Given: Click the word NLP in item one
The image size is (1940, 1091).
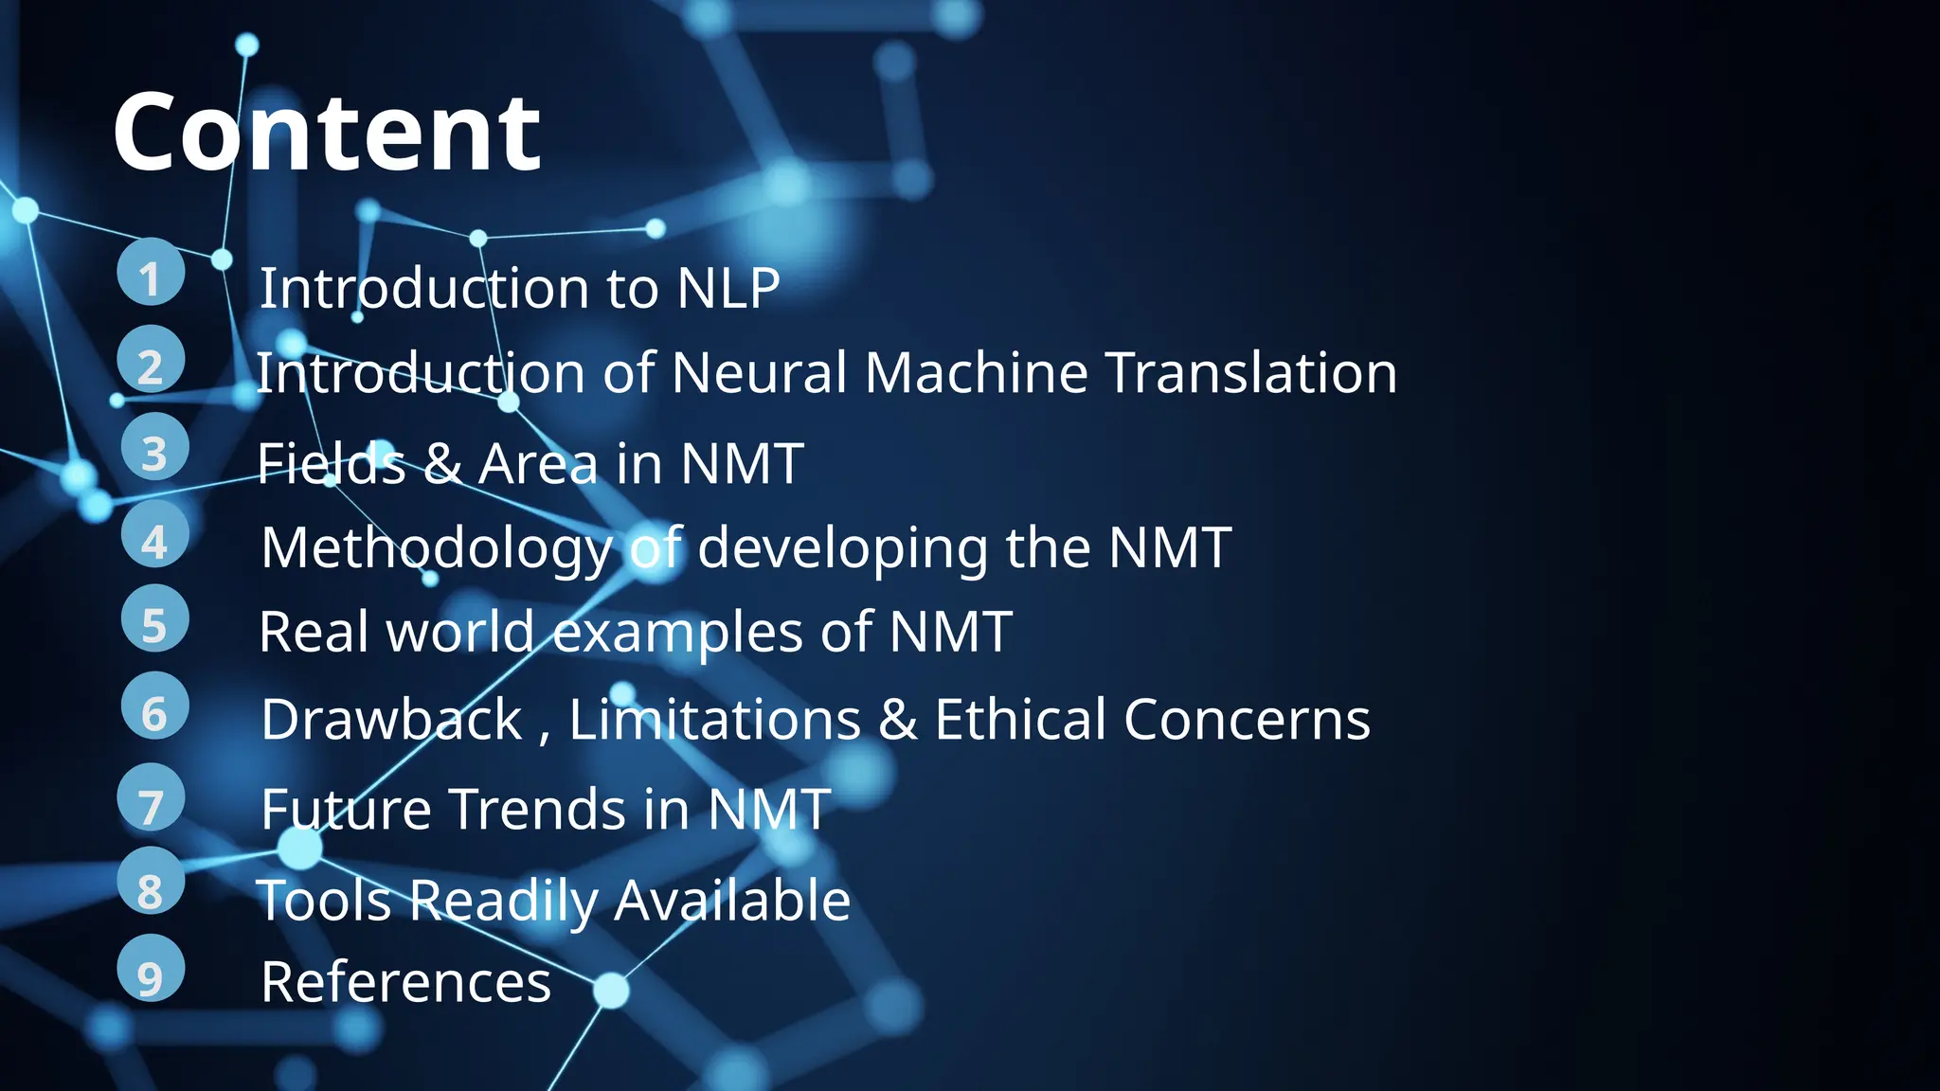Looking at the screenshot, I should [727, 288].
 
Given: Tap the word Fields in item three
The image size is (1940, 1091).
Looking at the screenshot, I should [331, 464].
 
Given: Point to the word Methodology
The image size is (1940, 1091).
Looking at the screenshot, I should [437, 548].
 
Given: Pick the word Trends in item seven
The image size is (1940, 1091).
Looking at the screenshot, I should [537, 810].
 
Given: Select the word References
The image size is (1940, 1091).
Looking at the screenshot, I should [405, 982].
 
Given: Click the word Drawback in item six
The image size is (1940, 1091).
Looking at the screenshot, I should [391, 720].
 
